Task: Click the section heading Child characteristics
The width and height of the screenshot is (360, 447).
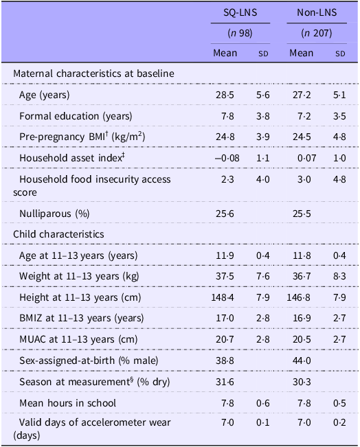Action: [60, 234]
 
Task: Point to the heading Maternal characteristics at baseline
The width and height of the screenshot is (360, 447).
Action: [94, 73]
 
